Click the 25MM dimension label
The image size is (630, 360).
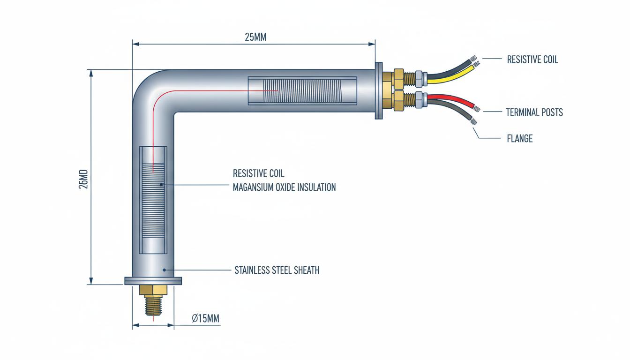255,37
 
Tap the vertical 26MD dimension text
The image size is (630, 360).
83,179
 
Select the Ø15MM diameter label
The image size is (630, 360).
206,318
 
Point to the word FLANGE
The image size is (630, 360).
520,138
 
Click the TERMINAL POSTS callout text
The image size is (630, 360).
534,112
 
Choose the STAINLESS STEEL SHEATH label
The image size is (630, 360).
277,270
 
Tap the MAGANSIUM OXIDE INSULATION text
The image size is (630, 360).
285,187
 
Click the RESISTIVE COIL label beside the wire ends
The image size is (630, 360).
532,60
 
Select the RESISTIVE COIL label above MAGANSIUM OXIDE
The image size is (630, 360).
258,173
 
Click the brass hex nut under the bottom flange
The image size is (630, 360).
153,290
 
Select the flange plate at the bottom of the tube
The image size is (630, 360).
153,281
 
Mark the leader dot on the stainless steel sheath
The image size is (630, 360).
165,270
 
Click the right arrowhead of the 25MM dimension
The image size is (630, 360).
372,44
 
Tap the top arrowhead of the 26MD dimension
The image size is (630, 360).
91,73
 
